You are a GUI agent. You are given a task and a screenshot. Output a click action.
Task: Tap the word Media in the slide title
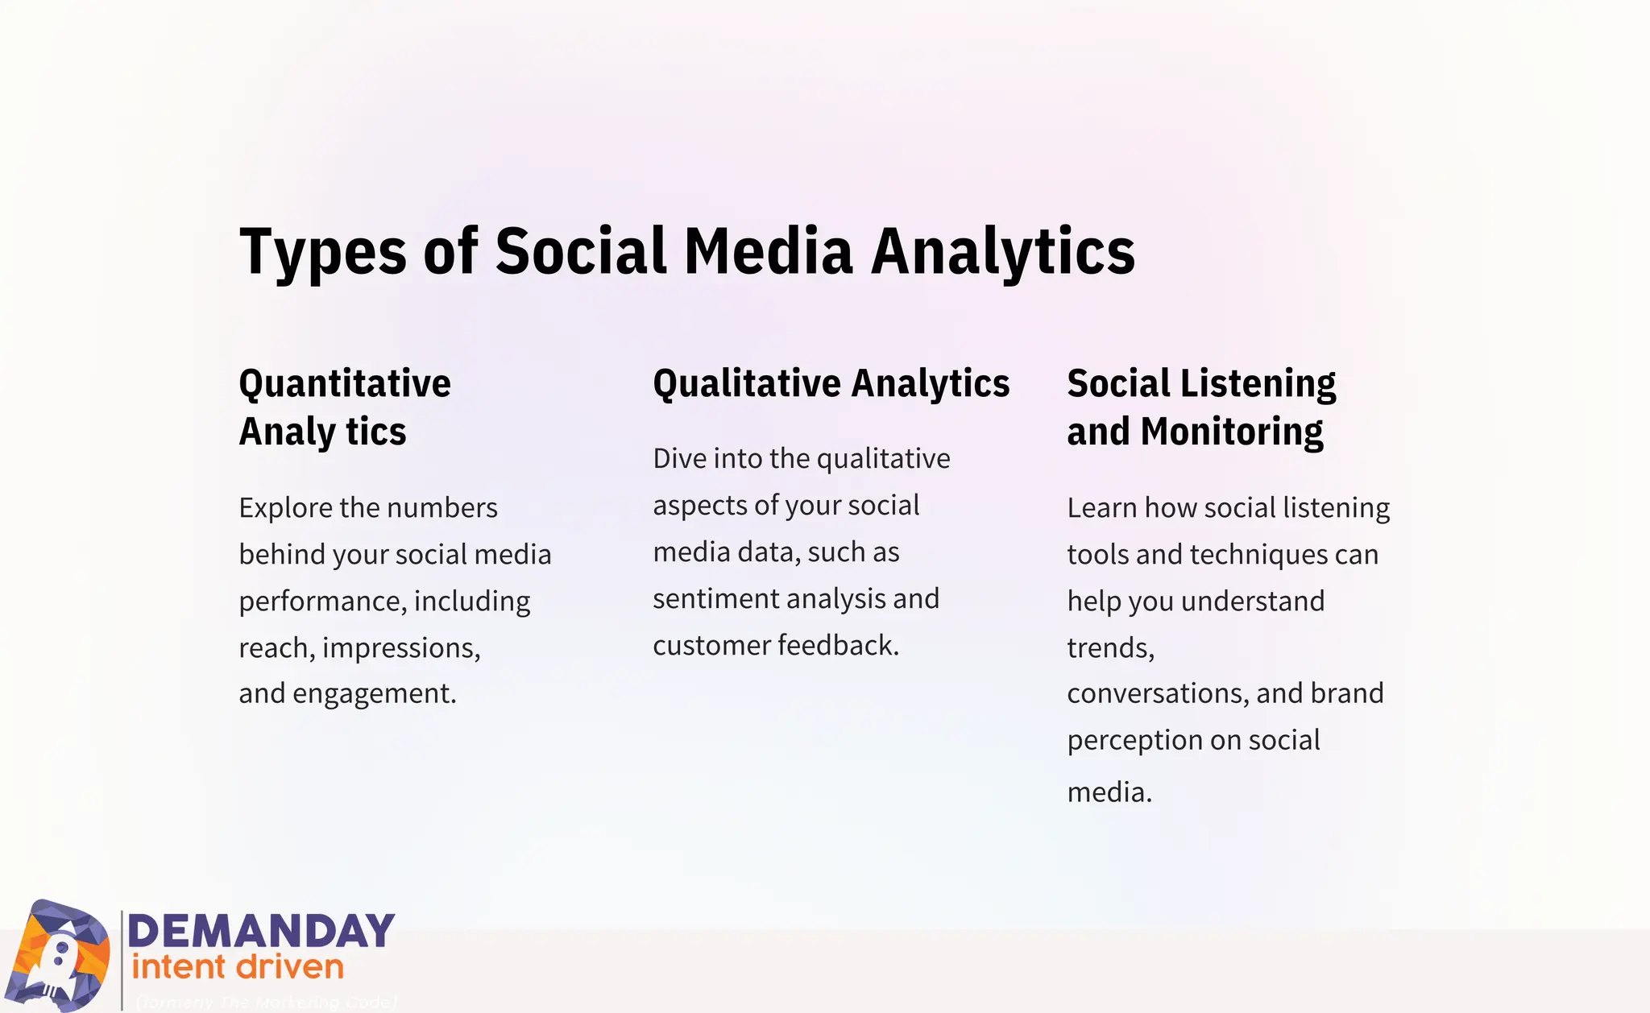[x=768, y=251]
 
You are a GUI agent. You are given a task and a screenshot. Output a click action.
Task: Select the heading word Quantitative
[x=345, y=384]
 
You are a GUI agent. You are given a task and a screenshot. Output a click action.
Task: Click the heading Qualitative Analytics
[x=831, y=384]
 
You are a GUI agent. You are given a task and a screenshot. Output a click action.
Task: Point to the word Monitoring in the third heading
[x=1232, y=432]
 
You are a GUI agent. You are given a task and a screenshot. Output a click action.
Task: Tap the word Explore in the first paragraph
[x=285, y=508]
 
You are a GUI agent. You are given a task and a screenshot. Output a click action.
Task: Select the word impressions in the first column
[x=400, y=648]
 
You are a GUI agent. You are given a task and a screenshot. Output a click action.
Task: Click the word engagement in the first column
[x=374, y=693]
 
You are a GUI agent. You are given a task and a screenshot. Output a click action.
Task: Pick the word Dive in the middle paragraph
[x=679, y=459]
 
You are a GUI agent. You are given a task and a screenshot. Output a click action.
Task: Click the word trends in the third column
[x=1109, y=648]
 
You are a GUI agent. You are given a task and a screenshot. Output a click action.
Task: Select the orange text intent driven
[x=238, y=967]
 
